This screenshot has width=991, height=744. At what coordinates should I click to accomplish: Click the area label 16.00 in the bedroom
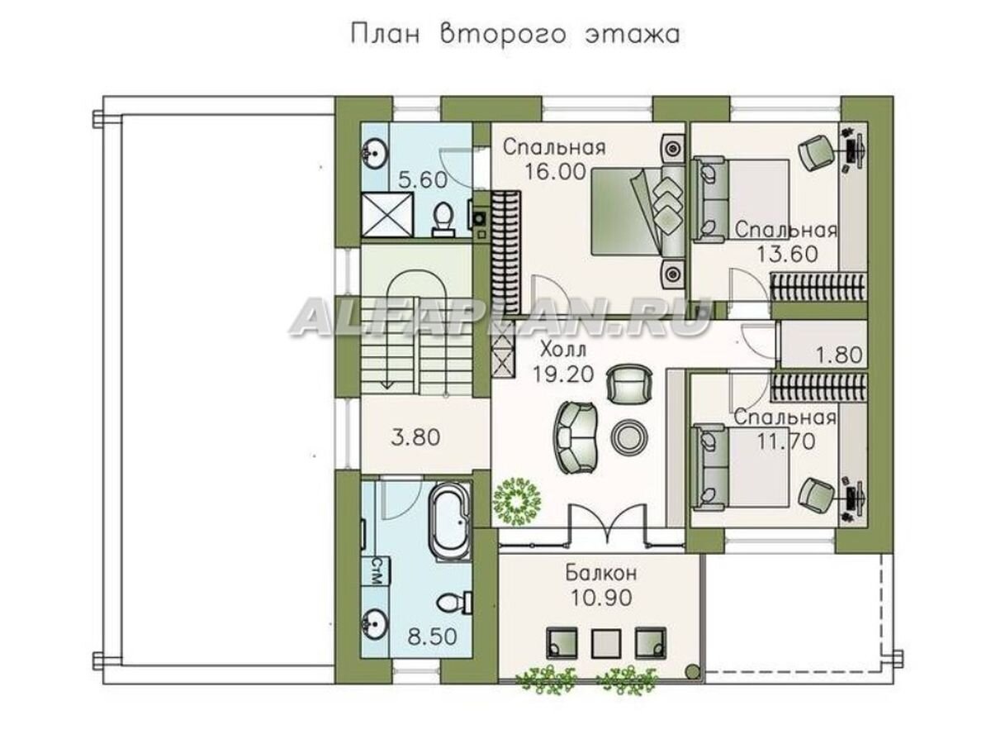tap(555, 172)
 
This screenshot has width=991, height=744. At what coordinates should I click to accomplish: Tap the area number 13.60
tap(786, 254)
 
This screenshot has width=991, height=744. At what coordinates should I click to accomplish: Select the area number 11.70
tap(785, 441)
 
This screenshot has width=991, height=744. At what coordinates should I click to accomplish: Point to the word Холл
tap(563, 350)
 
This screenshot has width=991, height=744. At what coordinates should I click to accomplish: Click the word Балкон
tap(600, 573)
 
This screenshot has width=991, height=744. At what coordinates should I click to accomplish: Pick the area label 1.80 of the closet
tap(839, 355)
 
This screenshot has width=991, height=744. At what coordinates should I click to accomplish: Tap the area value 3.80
tap(415, 437)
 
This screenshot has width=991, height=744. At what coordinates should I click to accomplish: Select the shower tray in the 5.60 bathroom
tap(387, 214)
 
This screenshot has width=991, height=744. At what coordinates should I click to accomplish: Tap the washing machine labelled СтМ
tap(376, 572)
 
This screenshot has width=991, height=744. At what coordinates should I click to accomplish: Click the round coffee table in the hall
tap(628, 436)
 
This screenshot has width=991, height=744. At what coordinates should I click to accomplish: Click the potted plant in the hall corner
tap(518, 503)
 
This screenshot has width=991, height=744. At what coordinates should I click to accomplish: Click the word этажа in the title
tap(633, 36)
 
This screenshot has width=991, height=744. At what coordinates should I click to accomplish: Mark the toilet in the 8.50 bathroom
tap(453, 603)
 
